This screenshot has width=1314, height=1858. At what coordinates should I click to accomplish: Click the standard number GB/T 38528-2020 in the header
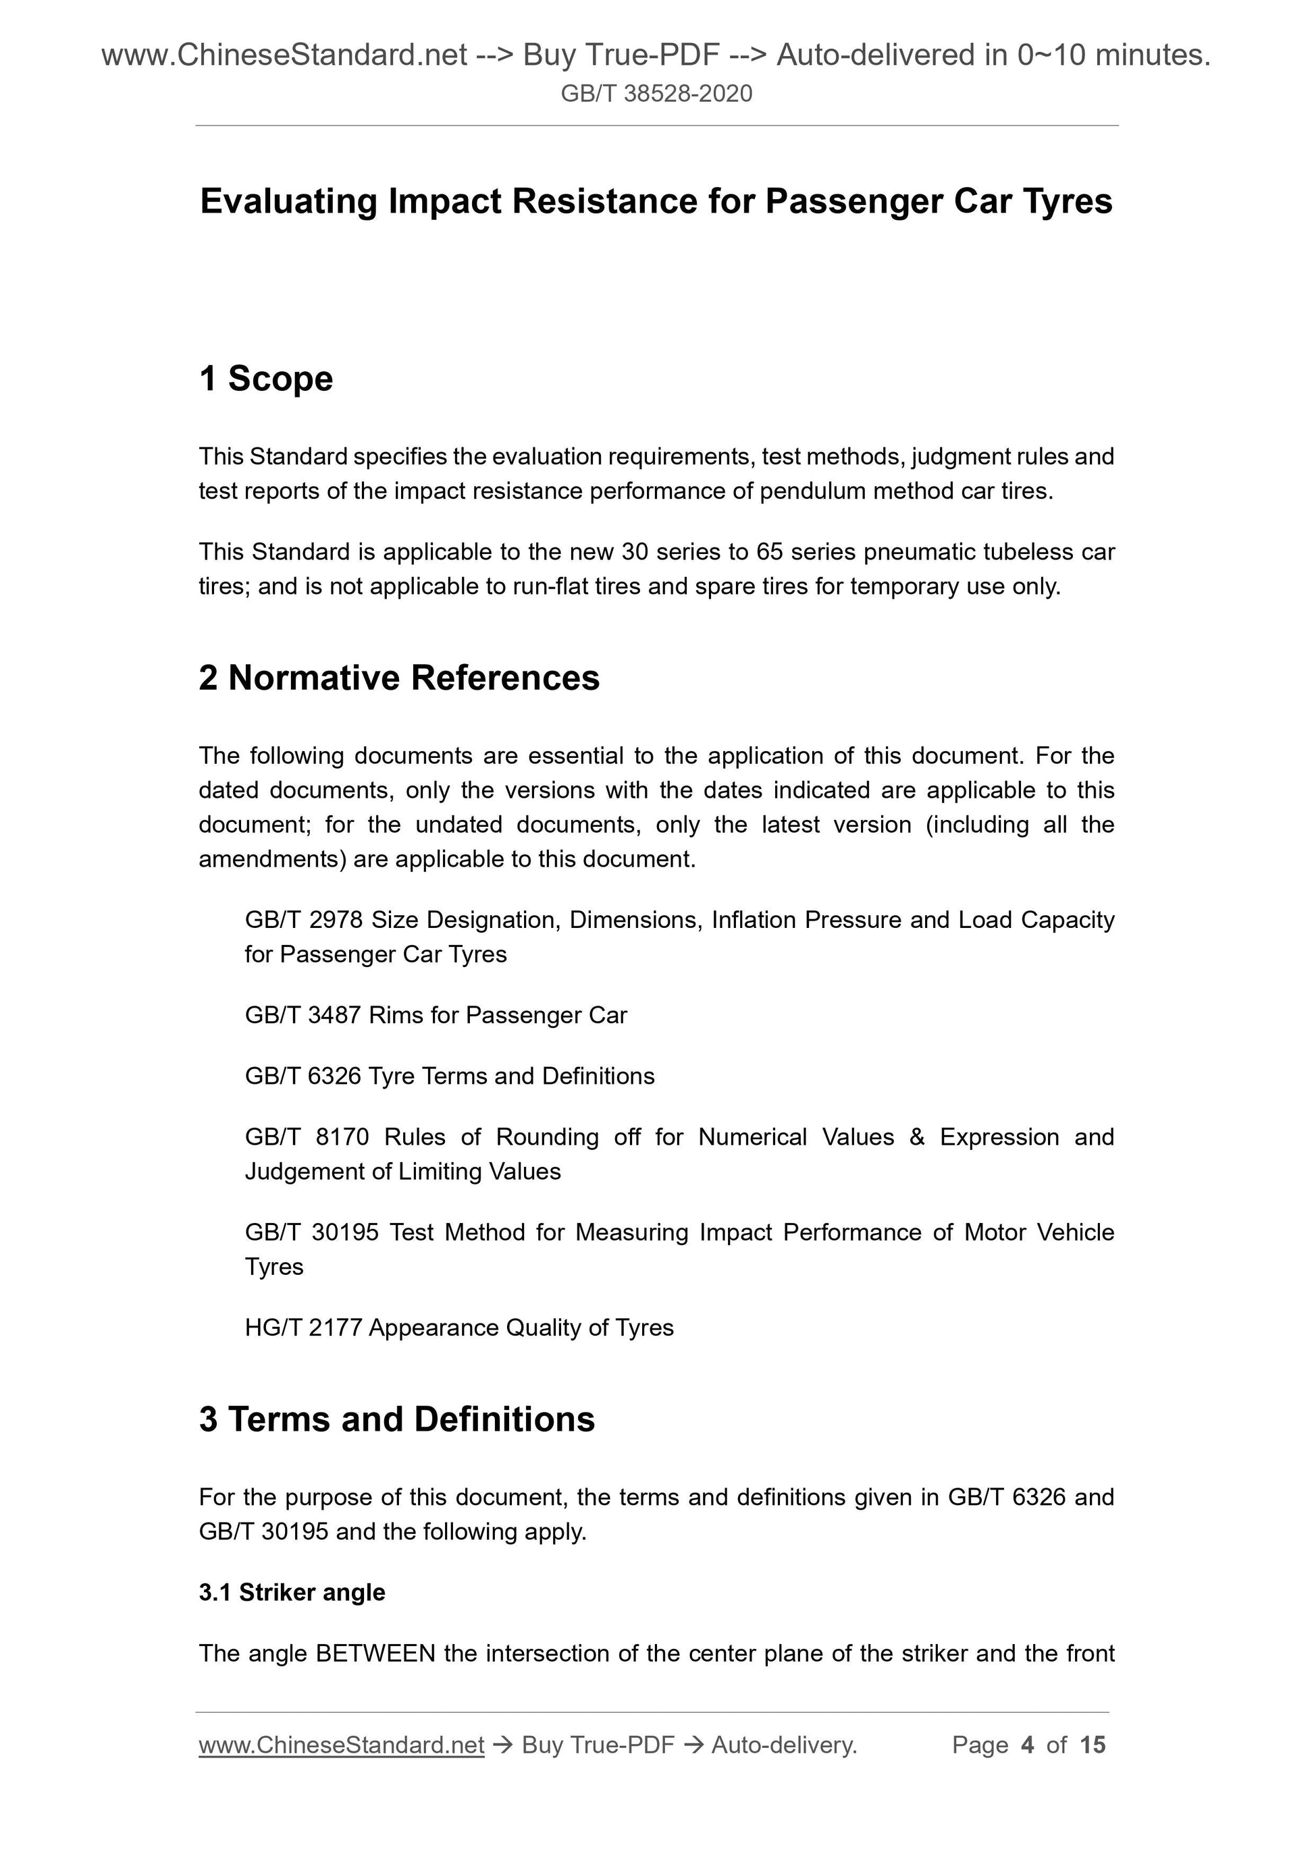click(x=656, y=94)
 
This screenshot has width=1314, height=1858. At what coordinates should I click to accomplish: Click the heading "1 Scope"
click(x=265, y=379)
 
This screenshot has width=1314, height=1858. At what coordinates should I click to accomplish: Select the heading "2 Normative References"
click(x=399, y=678)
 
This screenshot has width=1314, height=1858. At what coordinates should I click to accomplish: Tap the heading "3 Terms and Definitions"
click(x=397, y=1419)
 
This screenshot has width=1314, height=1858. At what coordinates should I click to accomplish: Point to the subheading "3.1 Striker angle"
click(x=292, y=1592)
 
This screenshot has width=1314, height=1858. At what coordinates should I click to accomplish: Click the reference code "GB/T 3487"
click(x=302, y=1015)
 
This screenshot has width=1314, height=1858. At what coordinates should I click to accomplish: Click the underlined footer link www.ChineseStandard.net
click(x=341, y=1745)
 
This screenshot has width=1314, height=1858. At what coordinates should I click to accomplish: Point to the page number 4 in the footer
click(x=1028, y=1745)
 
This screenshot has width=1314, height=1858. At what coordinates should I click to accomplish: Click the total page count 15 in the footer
click(x=1092, y=1745)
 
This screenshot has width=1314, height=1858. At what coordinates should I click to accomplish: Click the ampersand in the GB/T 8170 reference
click(x=917, y=1137)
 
